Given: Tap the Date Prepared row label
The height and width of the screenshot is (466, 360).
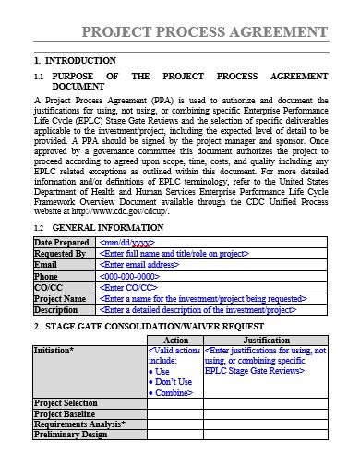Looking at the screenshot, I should click(x=60, y=242).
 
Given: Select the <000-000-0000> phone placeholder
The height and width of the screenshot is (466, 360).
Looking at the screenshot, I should click(x=132, y=276).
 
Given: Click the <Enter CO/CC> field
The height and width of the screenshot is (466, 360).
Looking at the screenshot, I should click(x=128, y=287).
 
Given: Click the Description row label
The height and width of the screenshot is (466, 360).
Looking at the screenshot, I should click(x=56, y=310).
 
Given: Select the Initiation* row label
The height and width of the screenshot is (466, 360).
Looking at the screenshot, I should click(x=54, y=352).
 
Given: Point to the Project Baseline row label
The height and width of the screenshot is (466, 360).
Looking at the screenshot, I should click(x=66, y=413).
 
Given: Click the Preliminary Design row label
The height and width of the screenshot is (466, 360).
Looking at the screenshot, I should click(x=70, y=435).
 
